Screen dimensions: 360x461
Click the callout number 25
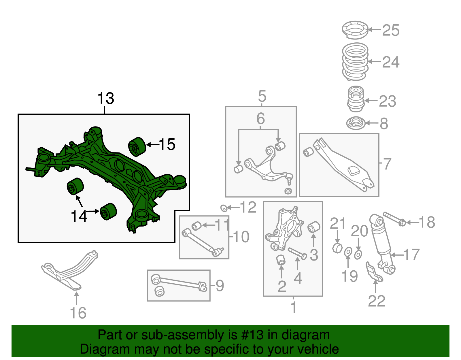point(391,30)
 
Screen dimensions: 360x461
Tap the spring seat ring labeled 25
point(355,30)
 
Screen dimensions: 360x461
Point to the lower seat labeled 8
point(356,123)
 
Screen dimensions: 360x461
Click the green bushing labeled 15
point(137,147)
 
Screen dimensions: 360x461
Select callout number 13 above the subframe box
point(106,99)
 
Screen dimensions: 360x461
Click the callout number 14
point(79,216)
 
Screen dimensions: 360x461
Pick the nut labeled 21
point(337,248)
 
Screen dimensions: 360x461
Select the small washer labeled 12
point(224,208)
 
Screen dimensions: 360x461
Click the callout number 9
point(220,286)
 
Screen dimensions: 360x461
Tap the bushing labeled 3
point(314,227)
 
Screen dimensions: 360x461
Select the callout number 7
point(387,164)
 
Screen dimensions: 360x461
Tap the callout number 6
point(260,118)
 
